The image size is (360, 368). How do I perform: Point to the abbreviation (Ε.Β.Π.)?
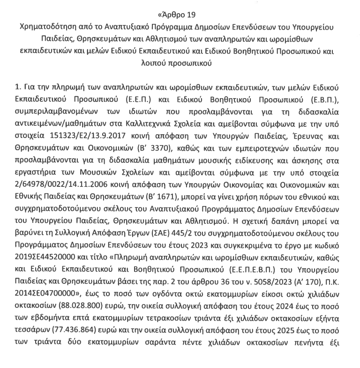coord(327,100)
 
